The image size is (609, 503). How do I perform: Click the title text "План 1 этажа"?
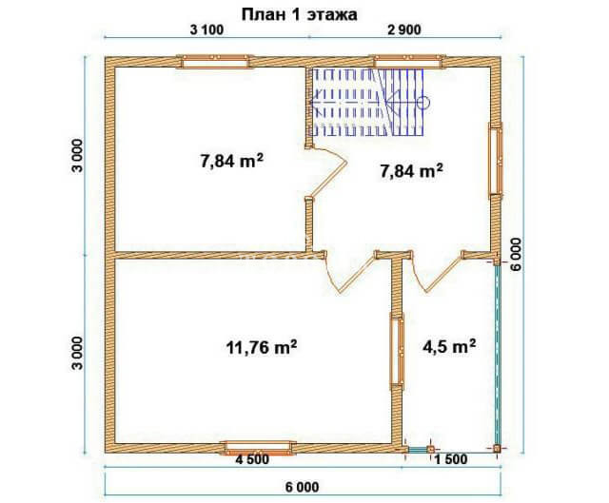point(299,15)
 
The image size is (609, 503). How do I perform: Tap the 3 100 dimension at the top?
point(206,29)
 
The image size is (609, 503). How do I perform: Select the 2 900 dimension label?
point(403,29)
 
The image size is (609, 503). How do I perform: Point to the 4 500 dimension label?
point(252,459)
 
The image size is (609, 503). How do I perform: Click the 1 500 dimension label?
point(450,459)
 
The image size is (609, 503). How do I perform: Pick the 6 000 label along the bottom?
point(303,487)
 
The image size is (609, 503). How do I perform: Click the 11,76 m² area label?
point(262,347)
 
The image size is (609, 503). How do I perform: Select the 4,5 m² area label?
point(449,346)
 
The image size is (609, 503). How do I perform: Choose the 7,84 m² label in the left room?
point(232,161)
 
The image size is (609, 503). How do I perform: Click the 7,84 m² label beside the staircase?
point(412,171)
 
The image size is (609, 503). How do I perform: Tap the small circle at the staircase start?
point(423,102)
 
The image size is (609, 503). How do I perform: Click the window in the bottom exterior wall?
point(258,448)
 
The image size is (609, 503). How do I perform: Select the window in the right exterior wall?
point(496,161)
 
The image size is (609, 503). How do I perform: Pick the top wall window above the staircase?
point(408,62)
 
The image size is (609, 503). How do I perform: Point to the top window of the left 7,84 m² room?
point(215,62)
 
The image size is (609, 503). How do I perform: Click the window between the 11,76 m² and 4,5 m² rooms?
point(398,351)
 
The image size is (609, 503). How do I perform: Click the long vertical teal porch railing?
point(497,355)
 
